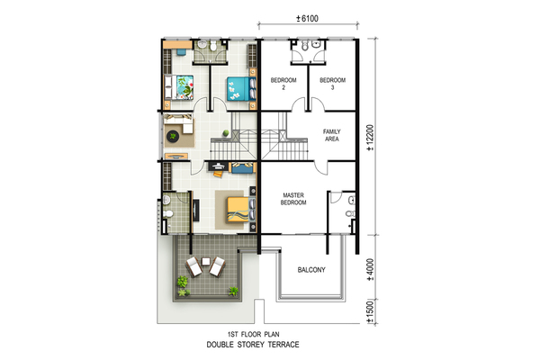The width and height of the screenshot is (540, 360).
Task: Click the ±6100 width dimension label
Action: [307, 19]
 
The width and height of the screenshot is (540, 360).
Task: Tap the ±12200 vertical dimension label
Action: [370, 138]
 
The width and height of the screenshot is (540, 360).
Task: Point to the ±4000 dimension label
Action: [370, 270]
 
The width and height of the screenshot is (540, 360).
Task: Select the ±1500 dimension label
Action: [370, 311]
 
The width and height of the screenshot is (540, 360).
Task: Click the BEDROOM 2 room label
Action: [283, 84]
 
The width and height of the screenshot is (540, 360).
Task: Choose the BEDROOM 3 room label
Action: [332, 84]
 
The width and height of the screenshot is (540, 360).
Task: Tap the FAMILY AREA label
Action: [331, 135]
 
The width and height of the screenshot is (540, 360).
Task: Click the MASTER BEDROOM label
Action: [293, 199]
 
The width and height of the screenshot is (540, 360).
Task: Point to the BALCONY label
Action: [311, 270]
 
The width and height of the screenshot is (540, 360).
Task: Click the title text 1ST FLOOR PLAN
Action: [254, 334]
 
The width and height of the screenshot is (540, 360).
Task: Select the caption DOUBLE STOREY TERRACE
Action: [253, 345]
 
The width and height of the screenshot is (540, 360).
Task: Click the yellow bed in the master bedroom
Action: [241, 210]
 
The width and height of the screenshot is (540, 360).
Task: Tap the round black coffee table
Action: [173, 137]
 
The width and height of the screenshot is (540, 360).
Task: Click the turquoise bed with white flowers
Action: [241, 89]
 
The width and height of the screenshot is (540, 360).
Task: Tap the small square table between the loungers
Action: [206, 262]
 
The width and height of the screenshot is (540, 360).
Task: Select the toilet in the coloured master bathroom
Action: [167, 214]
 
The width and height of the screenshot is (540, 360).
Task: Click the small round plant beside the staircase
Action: [226, 133]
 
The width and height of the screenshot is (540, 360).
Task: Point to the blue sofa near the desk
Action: [242, 167]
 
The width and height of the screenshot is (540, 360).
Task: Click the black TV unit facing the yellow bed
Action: [195, 210]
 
